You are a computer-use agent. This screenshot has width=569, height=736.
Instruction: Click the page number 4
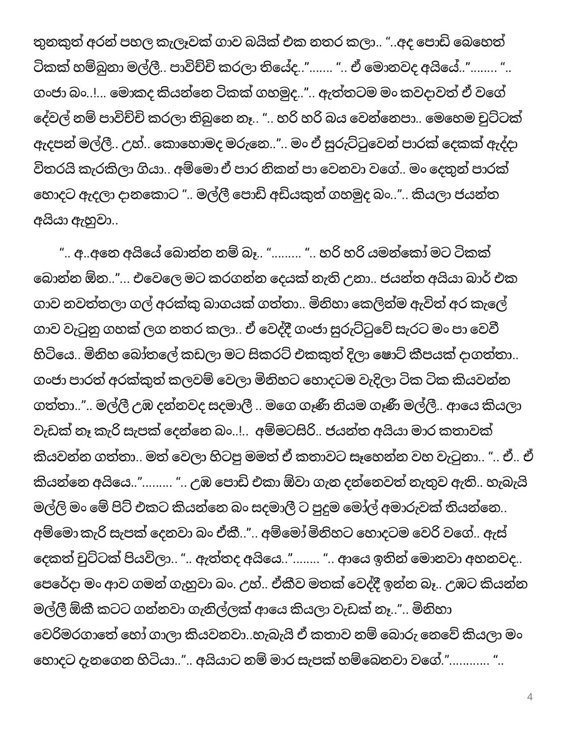tap(529, 697)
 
